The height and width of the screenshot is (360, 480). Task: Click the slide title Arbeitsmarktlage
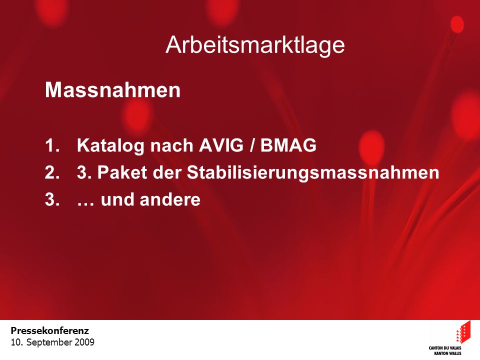click(255, 45)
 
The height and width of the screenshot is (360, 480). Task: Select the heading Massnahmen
click(112, 90)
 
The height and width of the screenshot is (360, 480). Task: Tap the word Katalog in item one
click(110, 145)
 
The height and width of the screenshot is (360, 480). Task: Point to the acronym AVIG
click(221, 145)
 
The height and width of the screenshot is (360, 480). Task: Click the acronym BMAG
click(288, 145)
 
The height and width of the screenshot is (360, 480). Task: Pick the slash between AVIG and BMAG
click(252, 145)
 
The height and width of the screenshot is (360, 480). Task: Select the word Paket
click(122, 172)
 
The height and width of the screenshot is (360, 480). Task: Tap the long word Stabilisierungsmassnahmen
click(313, 173)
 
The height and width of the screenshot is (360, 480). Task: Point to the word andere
click(170, 199)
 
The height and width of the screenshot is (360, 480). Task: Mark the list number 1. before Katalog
click(52, 145)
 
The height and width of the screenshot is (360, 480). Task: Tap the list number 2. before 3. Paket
click(52, 172)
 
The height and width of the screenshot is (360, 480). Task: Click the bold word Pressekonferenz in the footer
click(50, 331)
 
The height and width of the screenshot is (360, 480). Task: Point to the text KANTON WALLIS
click(448, 353)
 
